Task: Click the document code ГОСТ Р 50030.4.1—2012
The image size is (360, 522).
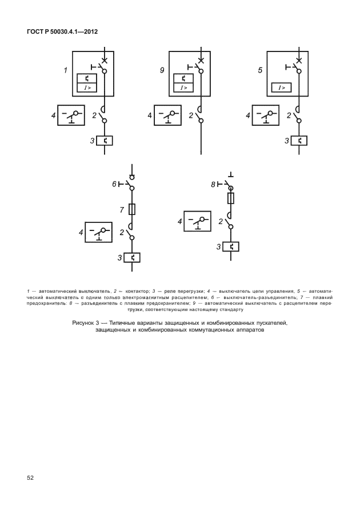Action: (62, 31)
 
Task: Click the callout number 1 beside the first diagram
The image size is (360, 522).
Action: (66, 70)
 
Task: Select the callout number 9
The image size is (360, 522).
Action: (163, 70)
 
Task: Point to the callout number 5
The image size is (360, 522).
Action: (261, 70)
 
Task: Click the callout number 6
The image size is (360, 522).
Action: (114, 184)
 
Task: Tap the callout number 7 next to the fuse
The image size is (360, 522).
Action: (122, 210)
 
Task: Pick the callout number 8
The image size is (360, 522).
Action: (213, 184)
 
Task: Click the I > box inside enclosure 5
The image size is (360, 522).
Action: (282, 87)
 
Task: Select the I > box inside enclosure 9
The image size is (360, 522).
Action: (184, 87)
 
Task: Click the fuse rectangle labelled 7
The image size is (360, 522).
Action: (132, 209)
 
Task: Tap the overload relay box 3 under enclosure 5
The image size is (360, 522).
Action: (299, 140)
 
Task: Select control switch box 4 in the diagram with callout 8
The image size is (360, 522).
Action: (198, 221)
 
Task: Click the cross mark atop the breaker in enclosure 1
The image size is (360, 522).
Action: (104, 59)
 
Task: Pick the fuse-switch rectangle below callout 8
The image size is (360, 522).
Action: (230, 198)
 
